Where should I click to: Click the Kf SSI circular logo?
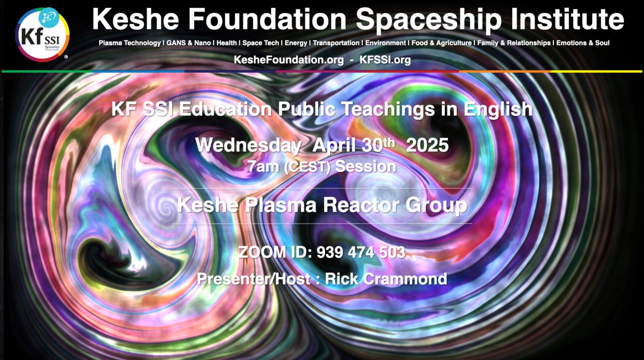pos(42,35)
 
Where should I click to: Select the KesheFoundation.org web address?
pos(289,60)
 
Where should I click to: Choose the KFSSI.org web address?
pos(385,60)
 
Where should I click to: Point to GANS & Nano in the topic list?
pos(189,43)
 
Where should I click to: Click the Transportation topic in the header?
pos(336,43)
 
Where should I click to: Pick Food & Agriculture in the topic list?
pos(442,43)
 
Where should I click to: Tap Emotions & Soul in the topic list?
pos(583,43)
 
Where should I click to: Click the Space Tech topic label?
pos(261,43)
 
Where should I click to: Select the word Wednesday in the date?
pos(248,145)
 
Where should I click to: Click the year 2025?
pos(427,145)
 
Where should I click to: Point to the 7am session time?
pos(263,166)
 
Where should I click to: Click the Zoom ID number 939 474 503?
pos(361,252)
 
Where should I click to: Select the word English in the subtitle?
pos(498,110)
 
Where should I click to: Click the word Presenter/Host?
pos(254,279)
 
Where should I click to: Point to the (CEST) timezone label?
pos(307,167)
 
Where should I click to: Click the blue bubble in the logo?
pos(48,17)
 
